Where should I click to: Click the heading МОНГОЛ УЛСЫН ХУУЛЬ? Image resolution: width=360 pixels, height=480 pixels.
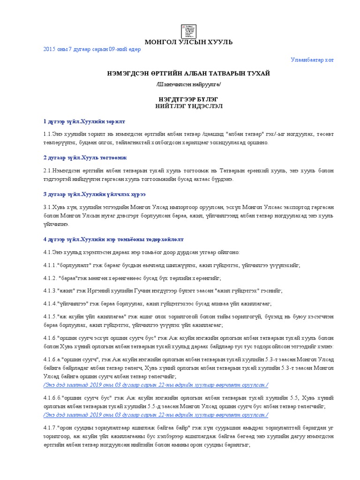tap(188, 42)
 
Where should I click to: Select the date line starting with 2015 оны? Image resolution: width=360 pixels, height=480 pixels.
tap(92, 50)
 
